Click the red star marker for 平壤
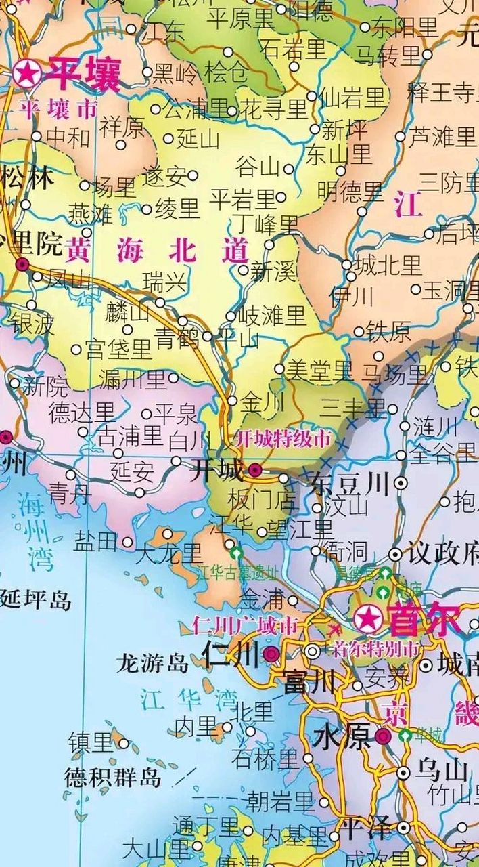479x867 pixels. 28,73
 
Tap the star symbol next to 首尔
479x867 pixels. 368,618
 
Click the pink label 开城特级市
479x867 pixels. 283,439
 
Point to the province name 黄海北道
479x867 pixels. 157,251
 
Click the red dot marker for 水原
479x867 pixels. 383,737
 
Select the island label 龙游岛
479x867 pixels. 152,662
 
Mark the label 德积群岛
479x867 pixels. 113,777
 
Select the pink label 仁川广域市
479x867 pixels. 245,625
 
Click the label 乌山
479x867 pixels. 442,771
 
